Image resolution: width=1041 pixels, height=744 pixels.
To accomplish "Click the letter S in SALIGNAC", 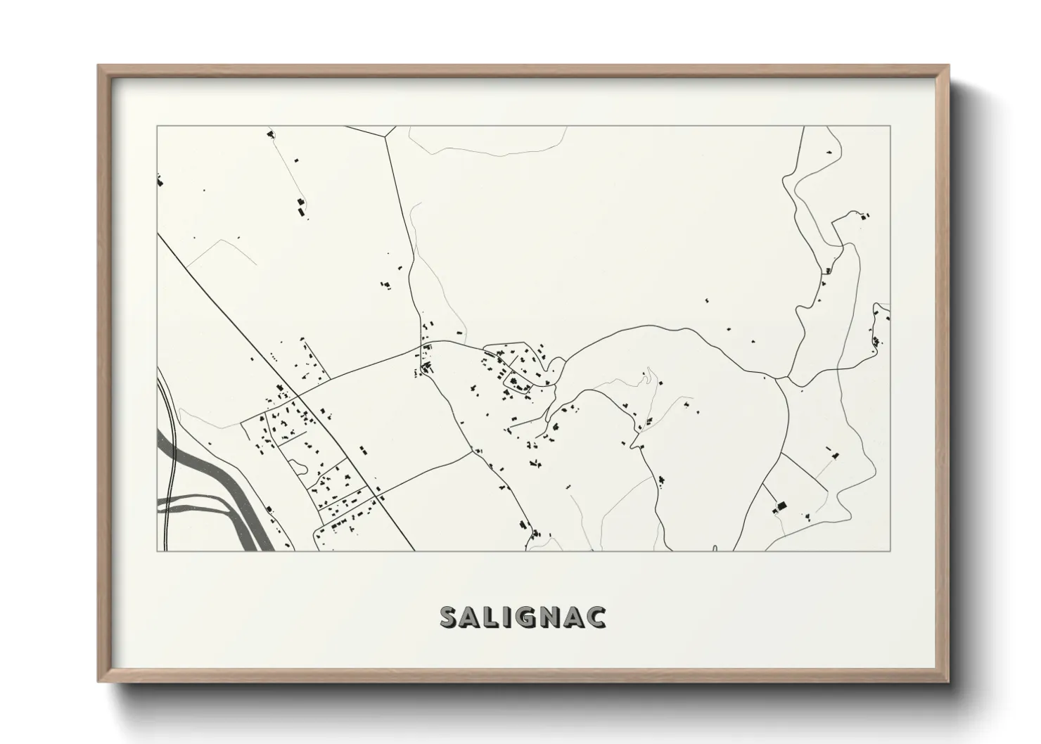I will click(x=450, y=617).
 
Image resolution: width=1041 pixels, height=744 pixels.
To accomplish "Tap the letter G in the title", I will click(x=528, y=617).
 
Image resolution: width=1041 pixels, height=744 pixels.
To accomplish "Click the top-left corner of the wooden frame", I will click(x=98, y=66).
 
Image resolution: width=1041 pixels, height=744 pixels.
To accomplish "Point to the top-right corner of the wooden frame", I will click(x=948, y=66).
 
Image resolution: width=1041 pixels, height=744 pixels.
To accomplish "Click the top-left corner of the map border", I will click(x=157, y=127).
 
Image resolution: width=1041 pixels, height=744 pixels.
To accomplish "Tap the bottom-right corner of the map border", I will click(x=890, y=551).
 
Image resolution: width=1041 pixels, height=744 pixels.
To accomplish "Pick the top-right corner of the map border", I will click(x=890, y=127).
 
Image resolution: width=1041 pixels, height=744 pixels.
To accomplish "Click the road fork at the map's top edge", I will click(x=384, y=135).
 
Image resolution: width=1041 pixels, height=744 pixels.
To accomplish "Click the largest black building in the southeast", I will click(x=779, y=506).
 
